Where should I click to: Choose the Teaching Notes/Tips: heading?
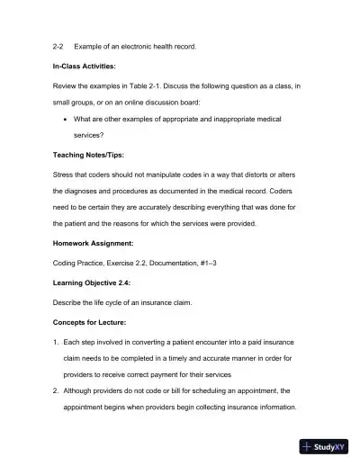94,154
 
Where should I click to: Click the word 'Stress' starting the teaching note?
65,175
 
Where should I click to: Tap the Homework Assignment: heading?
98,242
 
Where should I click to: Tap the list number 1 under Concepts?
56,344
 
